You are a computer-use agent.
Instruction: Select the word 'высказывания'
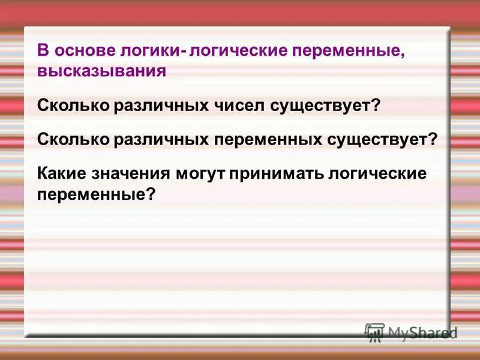tap(101, 71)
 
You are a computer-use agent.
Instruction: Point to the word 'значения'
tap(131, 173)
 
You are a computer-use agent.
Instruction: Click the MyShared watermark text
tap(422, 332)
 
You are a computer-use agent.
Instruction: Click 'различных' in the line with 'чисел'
tap(161, 106)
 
